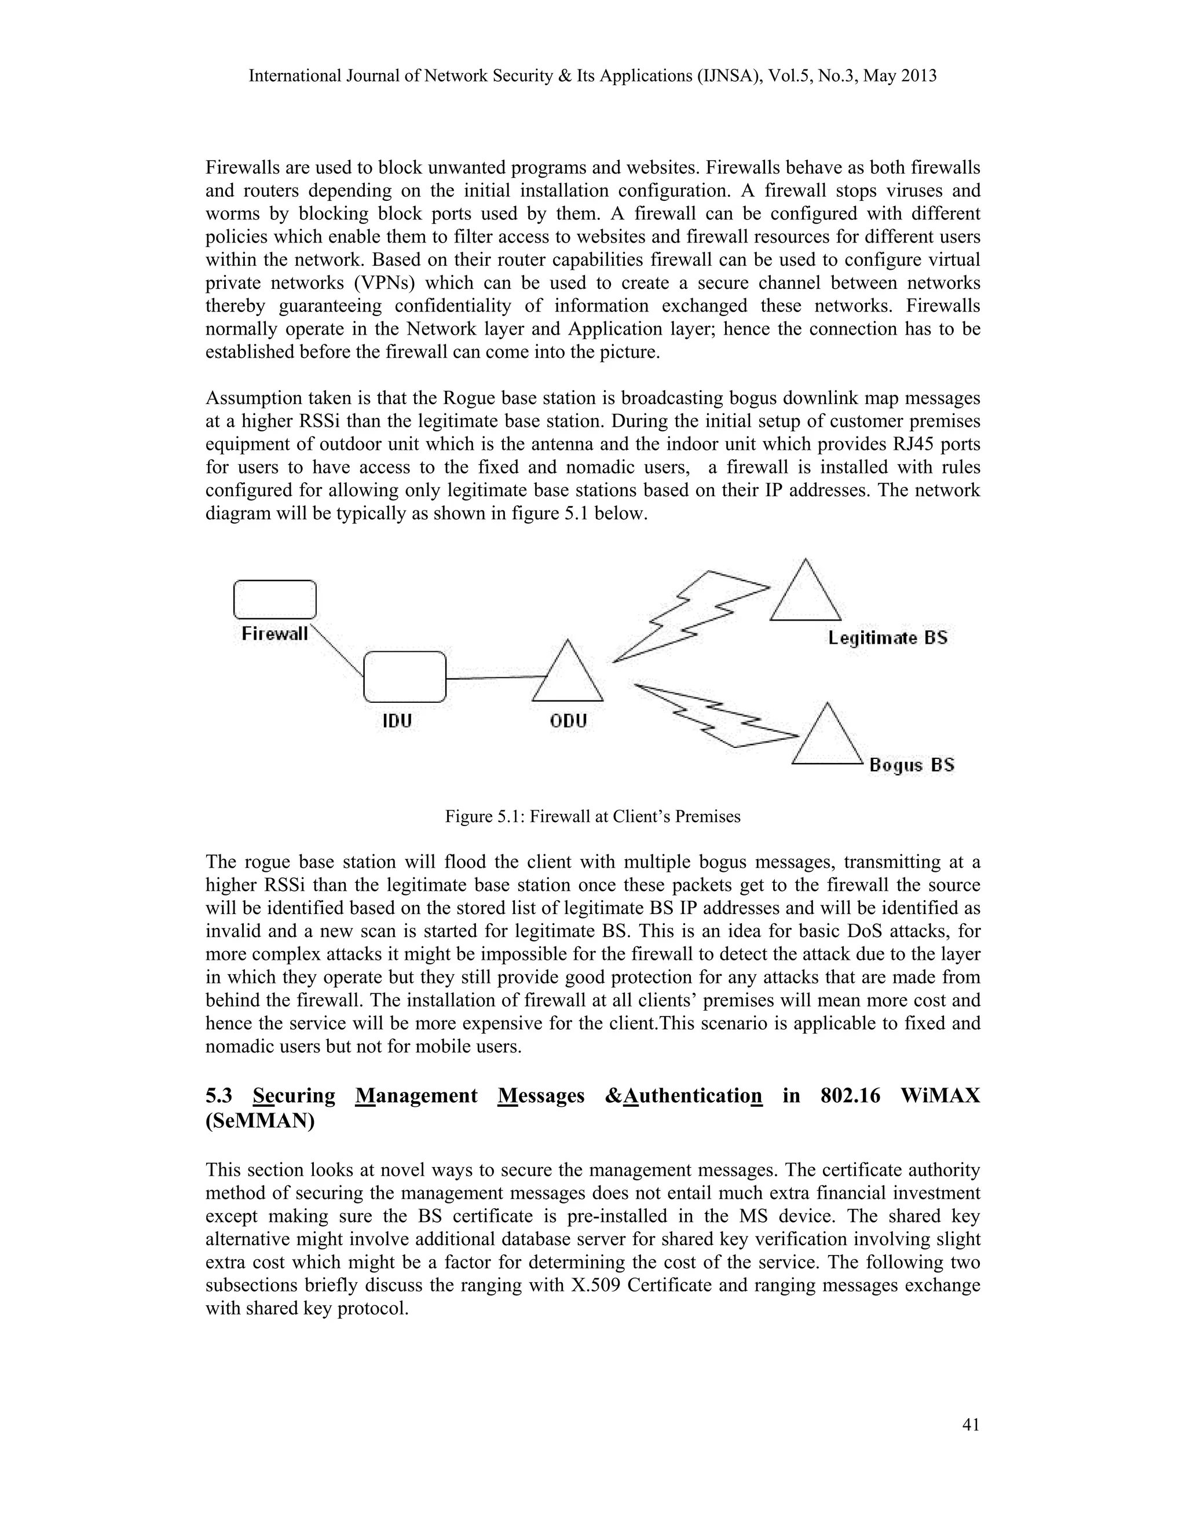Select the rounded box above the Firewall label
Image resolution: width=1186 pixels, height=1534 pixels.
[274, 599]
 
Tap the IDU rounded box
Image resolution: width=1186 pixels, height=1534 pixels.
[405, 676]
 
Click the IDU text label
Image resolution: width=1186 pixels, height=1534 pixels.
[397, 721]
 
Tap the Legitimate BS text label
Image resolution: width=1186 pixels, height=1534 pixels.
[887, 638]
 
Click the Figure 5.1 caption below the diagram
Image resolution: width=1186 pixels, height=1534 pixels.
[592, 817]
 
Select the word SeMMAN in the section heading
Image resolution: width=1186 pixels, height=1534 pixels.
[260, 1122]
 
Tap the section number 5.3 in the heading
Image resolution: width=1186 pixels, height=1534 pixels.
[221, 1096]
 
